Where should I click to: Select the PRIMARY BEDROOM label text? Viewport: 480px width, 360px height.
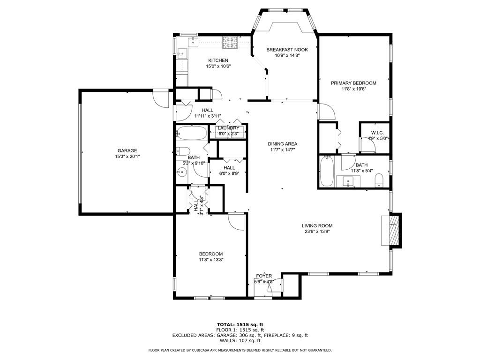coord(353,83)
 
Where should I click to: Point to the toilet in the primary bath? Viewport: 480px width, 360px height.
coord(380,180)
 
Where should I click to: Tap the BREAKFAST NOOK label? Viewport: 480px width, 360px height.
coord(287,49)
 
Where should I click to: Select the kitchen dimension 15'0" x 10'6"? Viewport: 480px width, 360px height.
coord(218,67)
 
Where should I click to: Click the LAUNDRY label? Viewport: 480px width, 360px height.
coord(228,128)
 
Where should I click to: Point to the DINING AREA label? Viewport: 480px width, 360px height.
coord(283,144)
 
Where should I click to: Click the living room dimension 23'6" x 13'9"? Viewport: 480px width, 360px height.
coord(317,232)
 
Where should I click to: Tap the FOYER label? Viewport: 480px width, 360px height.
coord(264,276)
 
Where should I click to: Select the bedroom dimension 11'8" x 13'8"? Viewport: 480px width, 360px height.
coord(210,260)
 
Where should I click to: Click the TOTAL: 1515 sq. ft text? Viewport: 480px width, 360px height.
coord(240,324)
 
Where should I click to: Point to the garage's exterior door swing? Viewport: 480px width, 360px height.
coord(161,98)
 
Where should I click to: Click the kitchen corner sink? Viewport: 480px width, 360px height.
coord(194,42)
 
